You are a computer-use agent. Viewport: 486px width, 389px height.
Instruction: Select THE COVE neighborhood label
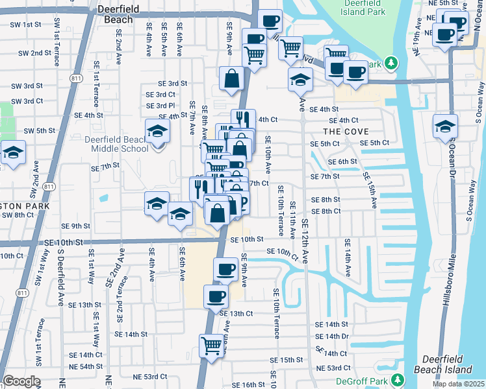click(341, 131)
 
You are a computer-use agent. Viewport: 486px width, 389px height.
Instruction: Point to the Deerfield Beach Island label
click(447, 364)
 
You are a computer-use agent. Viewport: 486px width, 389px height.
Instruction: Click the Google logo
click(21, 381)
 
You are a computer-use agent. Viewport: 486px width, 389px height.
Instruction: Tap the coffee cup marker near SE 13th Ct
click(216, 297)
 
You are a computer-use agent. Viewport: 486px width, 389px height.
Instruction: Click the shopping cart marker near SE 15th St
click(212, 346)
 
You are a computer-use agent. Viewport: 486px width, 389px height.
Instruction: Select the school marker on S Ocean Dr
click(445, 126)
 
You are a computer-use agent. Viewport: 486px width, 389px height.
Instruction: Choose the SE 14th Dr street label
click(332, 336)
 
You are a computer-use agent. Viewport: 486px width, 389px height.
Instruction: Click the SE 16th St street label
click(240, 384)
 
